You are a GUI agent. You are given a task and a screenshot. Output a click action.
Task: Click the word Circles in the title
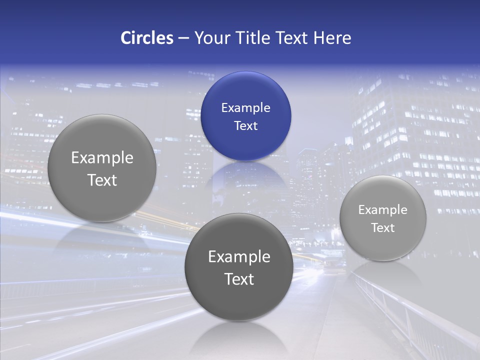click(147, 38)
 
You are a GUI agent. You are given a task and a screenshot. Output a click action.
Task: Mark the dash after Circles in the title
click(183, 38)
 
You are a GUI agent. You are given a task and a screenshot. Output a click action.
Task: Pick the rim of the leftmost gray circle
click(48, 168)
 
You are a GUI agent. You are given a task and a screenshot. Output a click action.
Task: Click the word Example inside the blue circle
click(245, 107)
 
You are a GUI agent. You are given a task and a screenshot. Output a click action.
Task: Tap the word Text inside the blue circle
click(245, 125)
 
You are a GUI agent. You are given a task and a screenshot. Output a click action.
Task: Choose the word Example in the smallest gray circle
click(382, 210)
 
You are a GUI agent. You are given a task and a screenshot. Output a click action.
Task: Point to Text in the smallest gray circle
click(383, 228)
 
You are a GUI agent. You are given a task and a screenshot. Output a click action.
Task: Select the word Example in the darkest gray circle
click(239, 257)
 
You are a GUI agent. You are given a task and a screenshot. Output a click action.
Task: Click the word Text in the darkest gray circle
click(239, 279)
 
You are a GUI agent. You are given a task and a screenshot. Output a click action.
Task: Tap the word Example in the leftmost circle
click(102, 158)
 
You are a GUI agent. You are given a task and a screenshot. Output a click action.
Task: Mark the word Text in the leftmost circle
click(102, 180)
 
